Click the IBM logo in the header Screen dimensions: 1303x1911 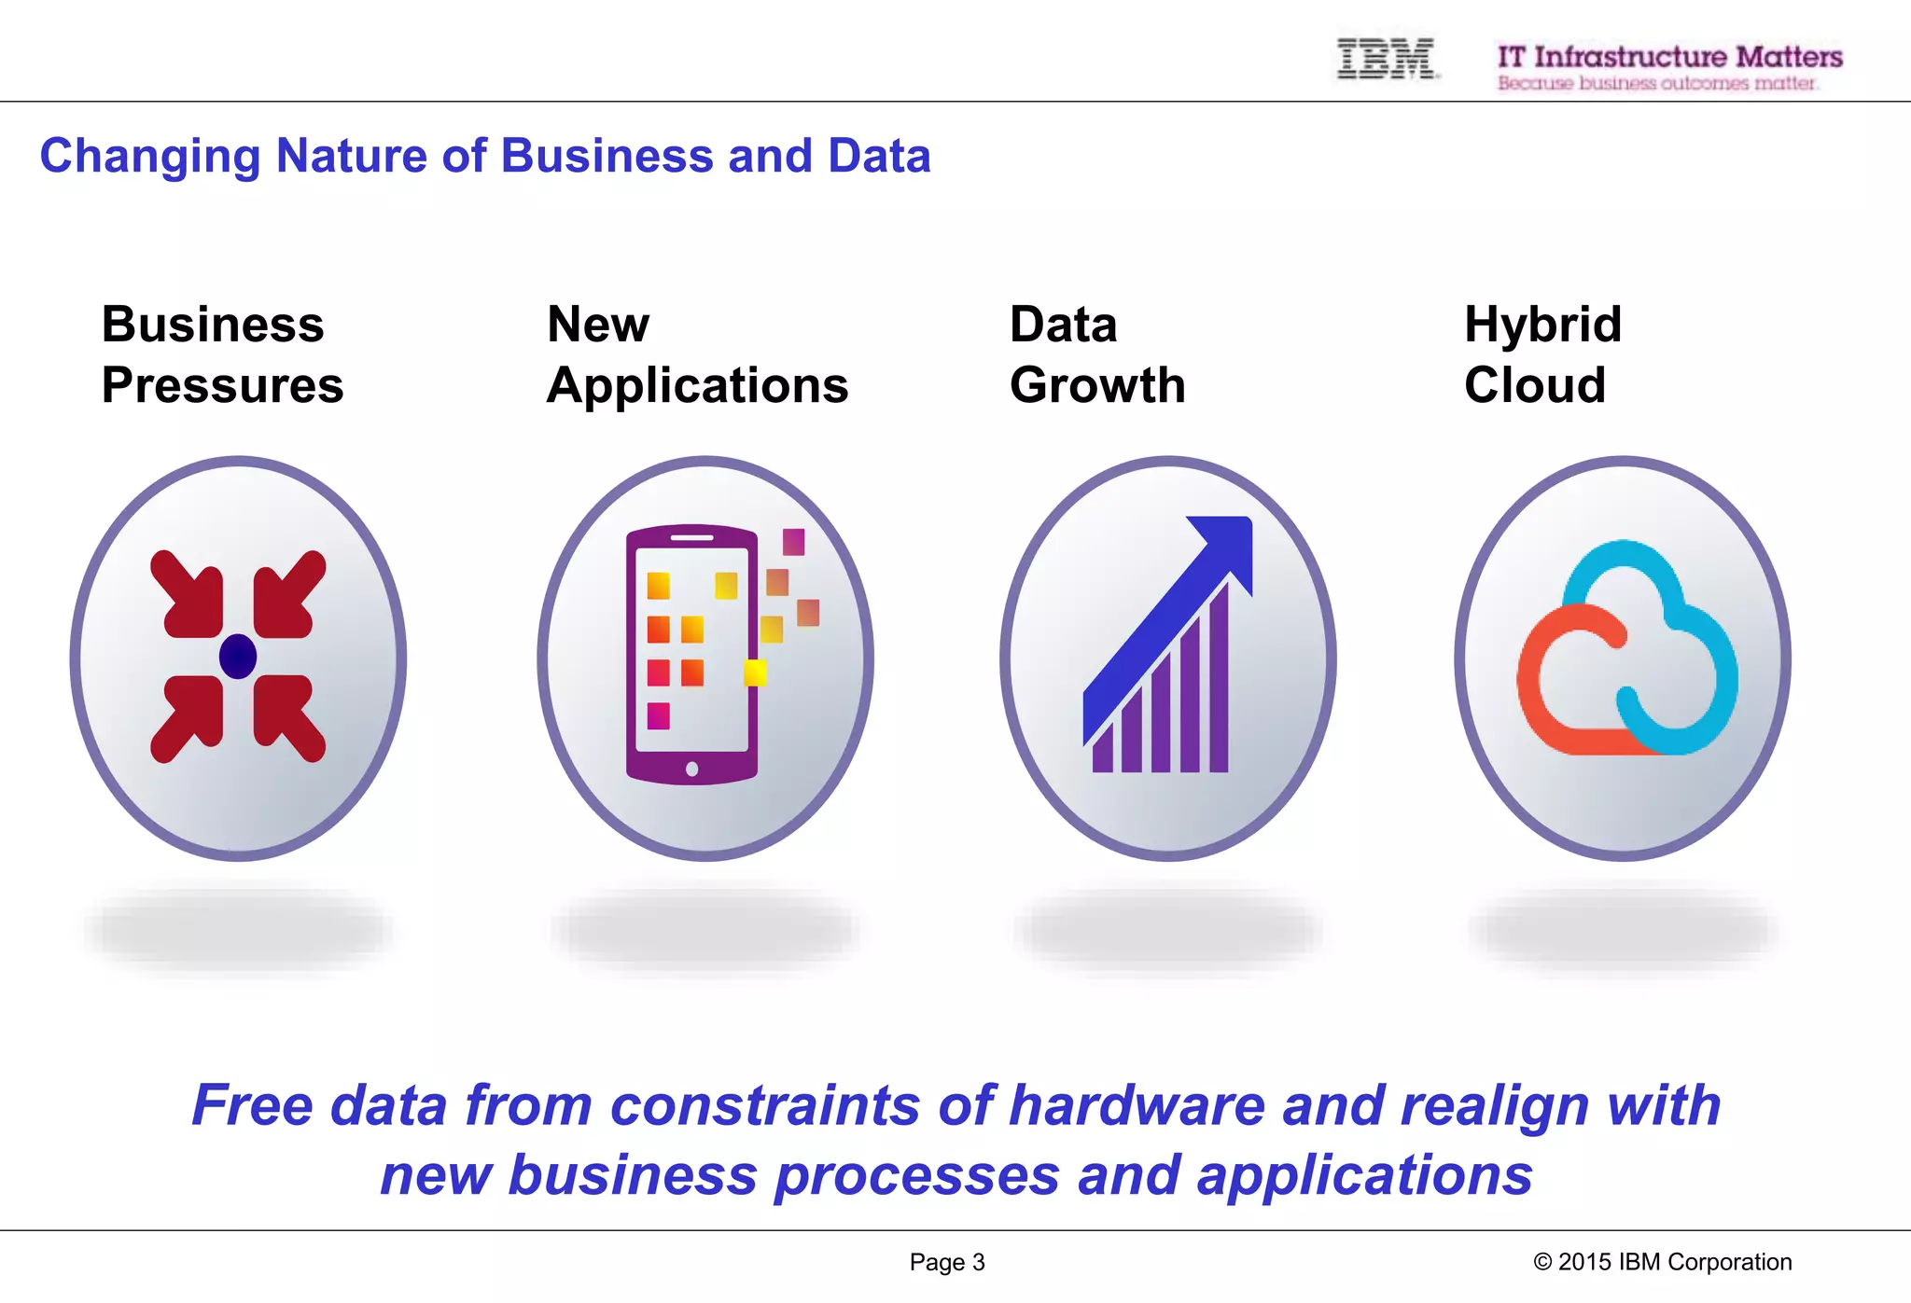(1387, 59)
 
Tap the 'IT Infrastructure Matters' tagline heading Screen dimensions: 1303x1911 (1669, 57)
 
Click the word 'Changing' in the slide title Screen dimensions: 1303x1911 (149, 156)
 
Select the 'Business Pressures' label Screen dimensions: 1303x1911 (222, 354)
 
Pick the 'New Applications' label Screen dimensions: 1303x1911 (697, 354)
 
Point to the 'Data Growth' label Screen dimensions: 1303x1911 (1097, 354)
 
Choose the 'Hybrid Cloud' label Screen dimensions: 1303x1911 (1542, 354)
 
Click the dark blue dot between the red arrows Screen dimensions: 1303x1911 (238, 657)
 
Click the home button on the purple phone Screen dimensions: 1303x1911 (691, 769)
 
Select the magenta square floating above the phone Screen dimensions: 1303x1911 (793, 541)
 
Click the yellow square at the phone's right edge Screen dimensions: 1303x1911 (755, 672)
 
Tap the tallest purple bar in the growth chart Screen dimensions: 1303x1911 (1219, 681)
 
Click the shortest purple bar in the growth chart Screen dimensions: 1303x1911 (1103, 750)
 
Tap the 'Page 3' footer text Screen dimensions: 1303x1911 (947, 1262)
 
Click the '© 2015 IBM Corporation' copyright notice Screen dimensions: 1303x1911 (1662, 1262)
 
